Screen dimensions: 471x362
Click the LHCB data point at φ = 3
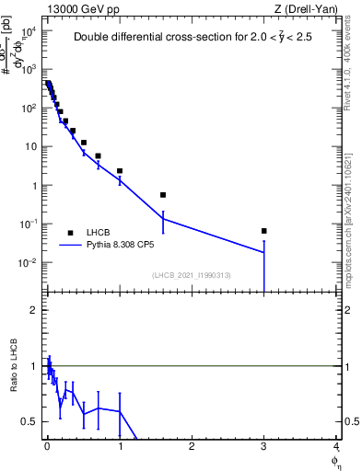(x=264, y=231)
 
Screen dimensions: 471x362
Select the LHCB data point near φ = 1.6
(x=163, y=195)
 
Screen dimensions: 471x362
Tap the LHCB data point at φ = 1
(x=120, y=171)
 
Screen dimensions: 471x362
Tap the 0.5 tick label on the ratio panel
(x=31, y=421)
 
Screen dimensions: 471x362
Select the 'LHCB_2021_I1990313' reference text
(x=190, y=275)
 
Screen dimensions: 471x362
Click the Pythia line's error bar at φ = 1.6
(x=163, y=221)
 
